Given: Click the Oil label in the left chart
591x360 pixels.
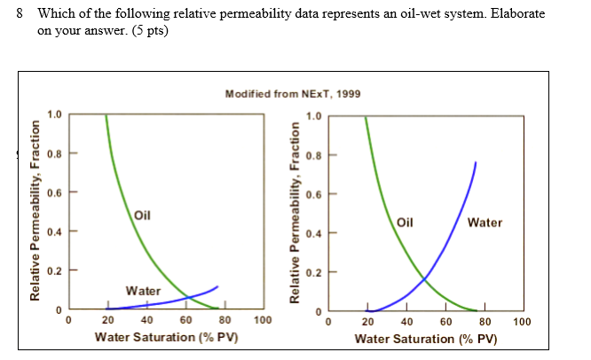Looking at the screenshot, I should click(x=143, y=215).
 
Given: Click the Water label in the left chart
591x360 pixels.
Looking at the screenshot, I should click(x=143, y=290).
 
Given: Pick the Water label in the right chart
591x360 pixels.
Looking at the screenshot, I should click(x=485, y=223).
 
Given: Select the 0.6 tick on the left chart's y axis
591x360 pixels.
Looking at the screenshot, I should click(x=55, y=192).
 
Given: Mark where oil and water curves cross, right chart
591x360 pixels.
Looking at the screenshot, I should click(x=423, y=280).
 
